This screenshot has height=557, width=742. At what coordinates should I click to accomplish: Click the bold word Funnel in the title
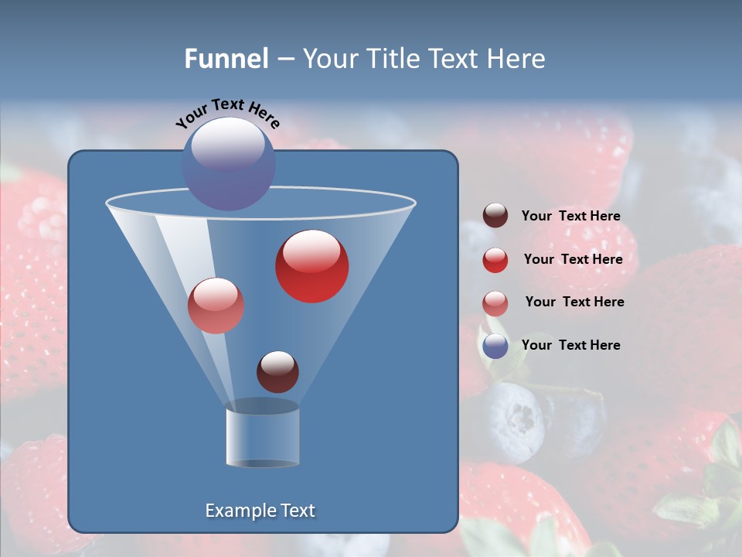[x=226, y=59]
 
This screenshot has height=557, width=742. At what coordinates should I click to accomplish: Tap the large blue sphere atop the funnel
[x=229, y=164]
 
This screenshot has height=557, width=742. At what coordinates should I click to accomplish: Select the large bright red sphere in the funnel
[x=311, y=266]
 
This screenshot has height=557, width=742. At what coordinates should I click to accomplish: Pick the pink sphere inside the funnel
[x=216, y=306]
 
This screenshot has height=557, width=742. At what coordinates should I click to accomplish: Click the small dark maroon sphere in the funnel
[x=277, y=371]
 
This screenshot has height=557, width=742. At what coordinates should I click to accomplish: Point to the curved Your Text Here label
[x=227, y=113]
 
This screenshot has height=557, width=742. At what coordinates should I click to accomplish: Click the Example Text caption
[x=260, y=511]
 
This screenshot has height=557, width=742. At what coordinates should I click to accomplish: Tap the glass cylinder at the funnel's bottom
[x=262, y=437]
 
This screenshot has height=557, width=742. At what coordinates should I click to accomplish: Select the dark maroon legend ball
[x=495, y=215]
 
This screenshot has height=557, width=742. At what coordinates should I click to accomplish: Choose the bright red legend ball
[x=495, y=260]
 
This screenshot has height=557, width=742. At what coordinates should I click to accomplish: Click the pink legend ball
[x=495, y=303]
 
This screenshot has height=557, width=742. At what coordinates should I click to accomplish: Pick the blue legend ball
[x=495, y=346]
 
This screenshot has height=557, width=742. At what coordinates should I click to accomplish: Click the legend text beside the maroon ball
[x=570, y=216]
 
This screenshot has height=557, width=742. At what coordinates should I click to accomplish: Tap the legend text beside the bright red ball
[x=573, y=259]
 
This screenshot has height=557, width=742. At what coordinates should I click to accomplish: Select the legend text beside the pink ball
[x=574, y=302]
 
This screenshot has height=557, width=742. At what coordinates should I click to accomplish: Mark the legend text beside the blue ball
[x=570, y=345]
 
